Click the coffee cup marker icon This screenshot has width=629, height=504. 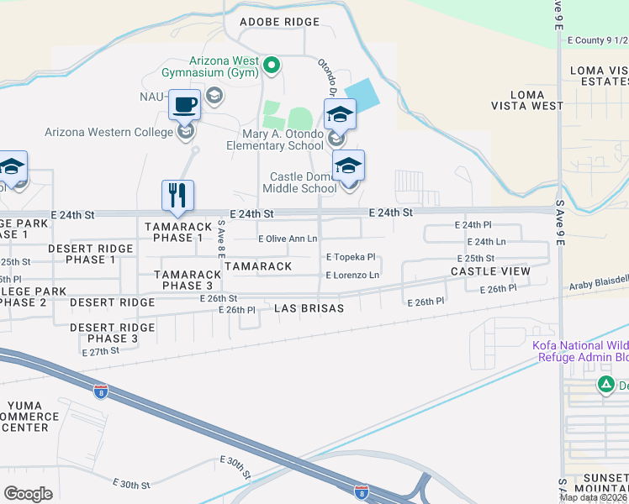point(185,105)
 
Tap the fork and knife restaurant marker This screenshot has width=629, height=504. point(177,196)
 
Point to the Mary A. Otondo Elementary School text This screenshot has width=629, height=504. point(275,139)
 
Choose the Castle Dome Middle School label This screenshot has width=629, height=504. point(303,182)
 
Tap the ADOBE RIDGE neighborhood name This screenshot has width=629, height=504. point(280,21)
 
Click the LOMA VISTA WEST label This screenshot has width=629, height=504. point(528,106)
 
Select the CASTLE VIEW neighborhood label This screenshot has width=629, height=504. point(490,271)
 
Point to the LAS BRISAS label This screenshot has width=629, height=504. point(309,308)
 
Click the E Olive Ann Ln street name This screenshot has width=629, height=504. point(288,239)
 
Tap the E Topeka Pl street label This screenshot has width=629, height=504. point(350,257)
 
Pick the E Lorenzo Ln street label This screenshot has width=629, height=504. point(352,275)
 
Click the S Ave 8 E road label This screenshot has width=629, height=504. point(221,239)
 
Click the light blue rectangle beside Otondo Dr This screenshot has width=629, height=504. point(362,91)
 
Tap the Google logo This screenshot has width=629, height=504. point(28,493)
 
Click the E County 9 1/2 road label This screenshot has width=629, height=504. point(597,39)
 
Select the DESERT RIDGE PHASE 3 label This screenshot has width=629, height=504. point(104,333)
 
